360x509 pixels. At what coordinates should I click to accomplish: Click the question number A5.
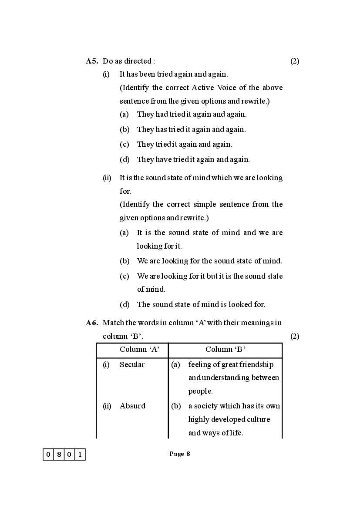tap(92, 61)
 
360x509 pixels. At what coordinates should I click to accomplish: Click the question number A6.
tap(92, 323)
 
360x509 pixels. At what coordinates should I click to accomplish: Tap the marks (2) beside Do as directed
tap(295, 61)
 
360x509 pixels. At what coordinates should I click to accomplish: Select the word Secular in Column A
tap(132, 364)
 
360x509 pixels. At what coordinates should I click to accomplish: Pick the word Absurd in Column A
tap(132, 406)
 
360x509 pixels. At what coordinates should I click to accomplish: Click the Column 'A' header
tap(139, 349)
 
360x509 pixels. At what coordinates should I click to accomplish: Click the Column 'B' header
tap(225, 349)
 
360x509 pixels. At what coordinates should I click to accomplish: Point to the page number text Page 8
tap(179, 454)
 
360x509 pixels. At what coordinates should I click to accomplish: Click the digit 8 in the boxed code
tap(59, 455)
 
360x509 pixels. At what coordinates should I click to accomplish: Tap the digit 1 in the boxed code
tap(80, 455)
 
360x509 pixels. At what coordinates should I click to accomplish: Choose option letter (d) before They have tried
tap(124, 159)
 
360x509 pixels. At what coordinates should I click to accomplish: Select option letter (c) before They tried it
tap(124, 144)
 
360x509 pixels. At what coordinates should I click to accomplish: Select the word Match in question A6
tap(113, 323)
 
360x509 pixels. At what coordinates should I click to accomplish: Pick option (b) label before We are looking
tap(124, 261)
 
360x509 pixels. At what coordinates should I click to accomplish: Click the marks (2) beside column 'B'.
tap(295, 336)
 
